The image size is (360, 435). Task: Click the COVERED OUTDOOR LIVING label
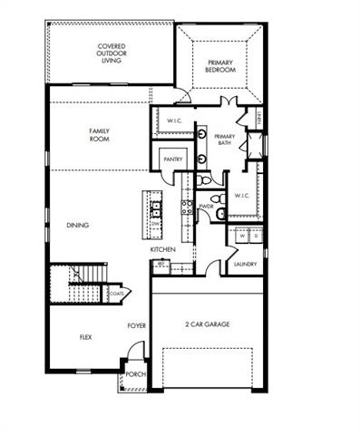tap(112, 53)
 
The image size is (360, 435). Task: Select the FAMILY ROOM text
tap(99, 135)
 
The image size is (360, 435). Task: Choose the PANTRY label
tap(172, 159)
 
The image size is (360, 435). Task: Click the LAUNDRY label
tap(245, 264)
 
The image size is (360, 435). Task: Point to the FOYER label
tap(136, 324)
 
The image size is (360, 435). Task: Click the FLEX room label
tap(85, 336)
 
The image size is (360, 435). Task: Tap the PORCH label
tap(134, 374)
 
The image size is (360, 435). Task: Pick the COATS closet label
tap(116, 293)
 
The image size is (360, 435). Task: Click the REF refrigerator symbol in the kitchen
tap(161, 265)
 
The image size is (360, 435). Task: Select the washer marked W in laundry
tap(241, 237)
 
